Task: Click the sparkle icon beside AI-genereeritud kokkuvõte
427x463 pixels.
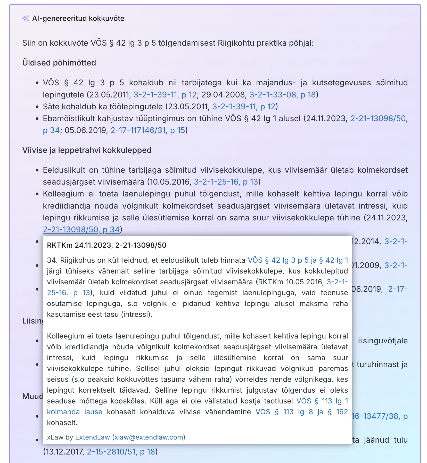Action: (26, 19)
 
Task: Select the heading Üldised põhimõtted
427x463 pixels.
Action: (59, 63)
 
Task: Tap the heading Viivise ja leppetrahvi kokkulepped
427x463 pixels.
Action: (87, 150)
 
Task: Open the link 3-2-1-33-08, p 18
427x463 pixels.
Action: (282, 95)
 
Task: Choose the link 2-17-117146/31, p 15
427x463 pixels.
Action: (148, 130)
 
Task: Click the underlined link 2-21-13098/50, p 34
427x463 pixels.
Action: (81, 229)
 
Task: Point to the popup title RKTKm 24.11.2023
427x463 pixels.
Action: (106, 245)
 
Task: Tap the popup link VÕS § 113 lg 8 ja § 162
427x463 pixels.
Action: (301, 412)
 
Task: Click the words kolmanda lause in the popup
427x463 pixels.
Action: (75, 412)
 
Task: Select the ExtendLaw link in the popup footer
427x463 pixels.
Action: (92, 437)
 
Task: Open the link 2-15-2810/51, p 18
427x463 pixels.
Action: (121, 452)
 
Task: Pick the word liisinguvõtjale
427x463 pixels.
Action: (382, 341)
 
